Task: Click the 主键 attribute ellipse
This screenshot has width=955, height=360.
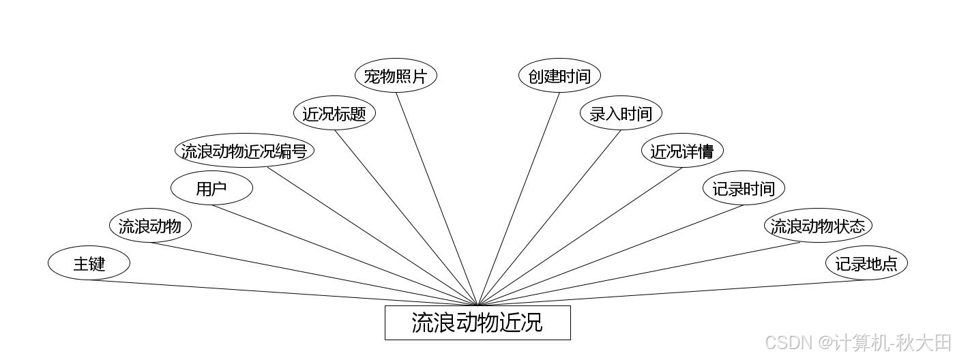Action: pyautogui.click(x=89, y=263)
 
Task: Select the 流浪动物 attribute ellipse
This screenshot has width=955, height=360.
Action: pyautogui.click(x=150, y=226)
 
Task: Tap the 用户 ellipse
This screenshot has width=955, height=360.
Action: pyautogui.click(x=211, y=189)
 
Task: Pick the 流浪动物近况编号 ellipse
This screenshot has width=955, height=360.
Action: pyautogui.click(x=244, y=151)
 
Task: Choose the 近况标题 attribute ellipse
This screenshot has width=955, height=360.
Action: pyautogui.click(x=334, y=113)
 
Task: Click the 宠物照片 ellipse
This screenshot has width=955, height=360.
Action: pyautogui.click(x=396, y=76)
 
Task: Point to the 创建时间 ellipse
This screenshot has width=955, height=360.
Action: pyautogui.click(x=559, y=76)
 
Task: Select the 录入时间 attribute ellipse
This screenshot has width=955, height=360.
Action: pyautogui.click(x=621, y=113)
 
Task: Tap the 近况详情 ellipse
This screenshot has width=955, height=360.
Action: pyautogui.click(x=682, y=151)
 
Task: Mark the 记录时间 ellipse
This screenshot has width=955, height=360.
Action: pyautogui.click(x=744, y=188)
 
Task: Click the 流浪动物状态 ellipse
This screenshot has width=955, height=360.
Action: pyautogui.click(x=818, y=226)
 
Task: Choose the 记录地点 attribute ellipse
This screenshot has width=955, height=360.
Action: pyautogui.click(x=866, y=263)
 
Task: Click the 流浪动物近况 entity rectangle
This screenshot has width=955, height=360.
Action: pyautogui.click(x=477, y=322)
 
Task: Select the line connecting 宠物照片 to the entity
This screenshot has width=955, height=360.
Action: pyautogui.click(x=437, y=198)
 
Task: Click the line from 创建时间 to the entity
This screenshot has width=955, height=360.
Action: pyautogui.click(x=518, y=198)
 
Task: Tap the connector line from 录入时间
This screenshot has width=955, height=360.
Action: pyautogui.click(x=549, y=217)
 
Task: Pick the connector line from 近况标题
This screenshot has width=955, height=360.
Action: pyautogui.click(x=406, y=217)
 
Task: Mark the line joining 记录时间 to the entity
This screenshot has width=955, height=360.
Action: pyautogui.click(x=611, y=255)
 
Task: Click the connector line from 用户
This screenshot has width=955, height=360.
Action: pyautogui.click(x=344, y=255)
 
